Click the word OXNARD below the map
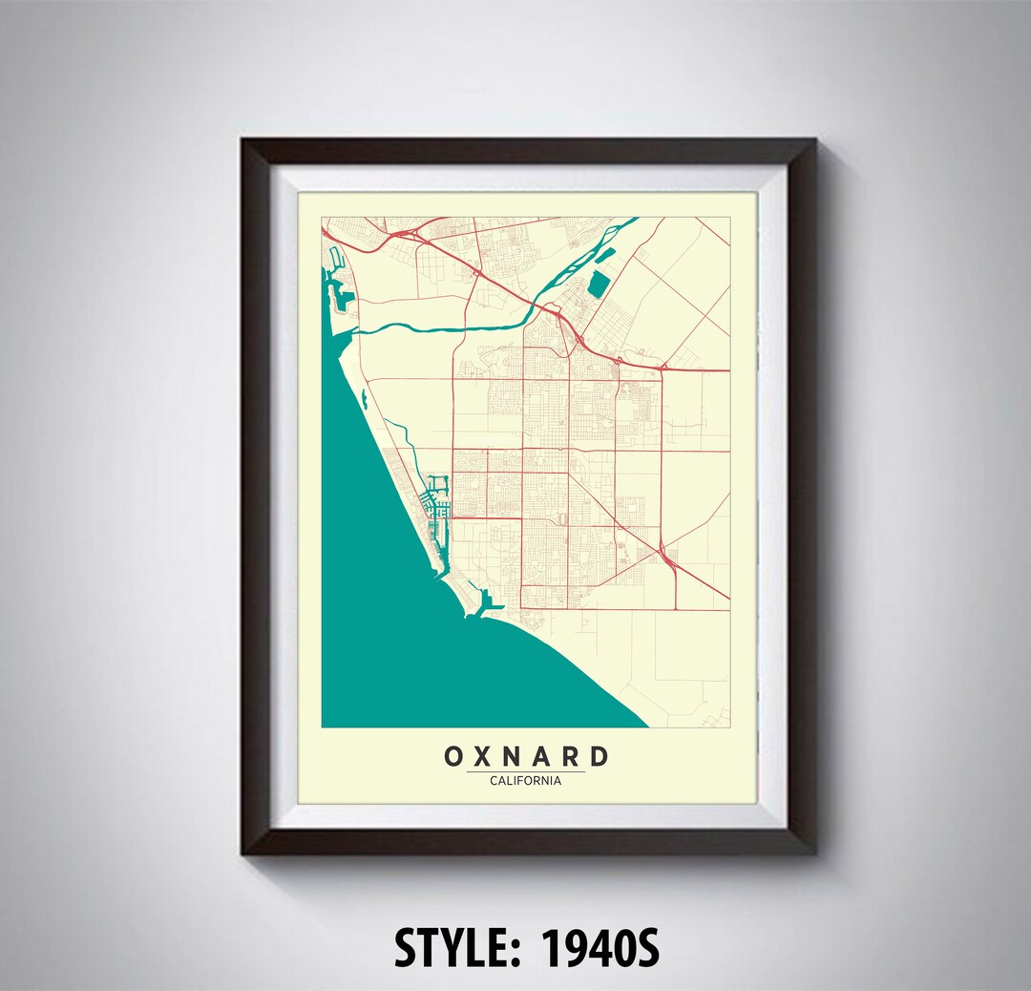coord(525,757)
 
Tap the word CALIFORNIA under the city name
coord(525,781)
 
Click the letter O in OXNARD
coord(454,757)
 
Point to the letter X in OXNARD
coord(484,757)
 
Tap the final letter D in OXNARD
coord(598,757)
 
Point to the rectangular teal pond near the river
coord(598,284)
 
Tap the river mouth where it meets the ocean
coord(359,330)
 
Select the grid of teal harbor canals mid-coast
coord(436,501)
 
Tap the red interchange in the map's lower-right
coord(667,558)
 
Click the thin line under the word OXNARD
coord(525,771)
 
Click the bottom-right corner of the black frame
coord(814,853)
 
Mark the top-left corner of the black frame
coord(243,140)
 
